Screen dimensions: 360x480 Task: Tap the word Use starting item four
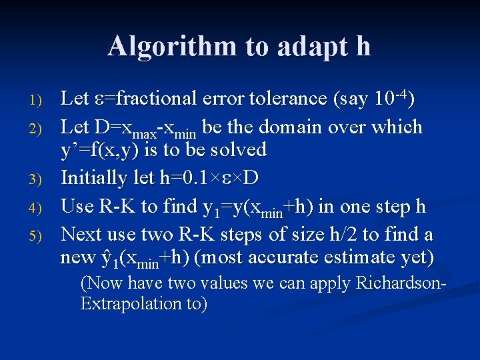click(x=75, y=206)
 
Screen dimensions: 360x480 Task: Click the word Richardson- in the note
click(x=401, y=283)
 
